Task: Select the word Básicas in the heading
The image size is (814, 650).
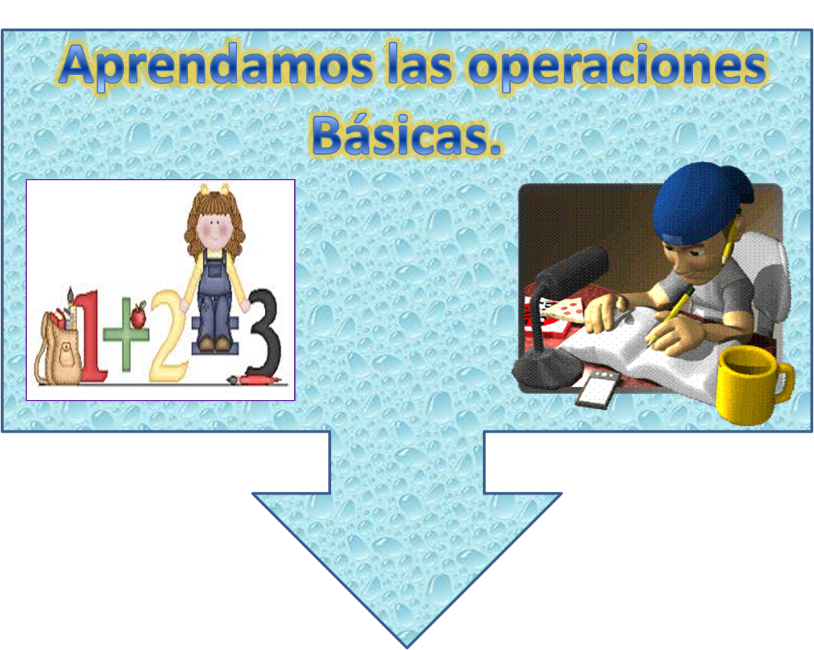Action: coord(406,135)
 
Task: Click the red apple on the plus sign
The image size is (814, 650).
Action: coord(138,314)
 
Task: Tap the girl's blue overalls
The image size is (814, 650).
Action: coord(213,299)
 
